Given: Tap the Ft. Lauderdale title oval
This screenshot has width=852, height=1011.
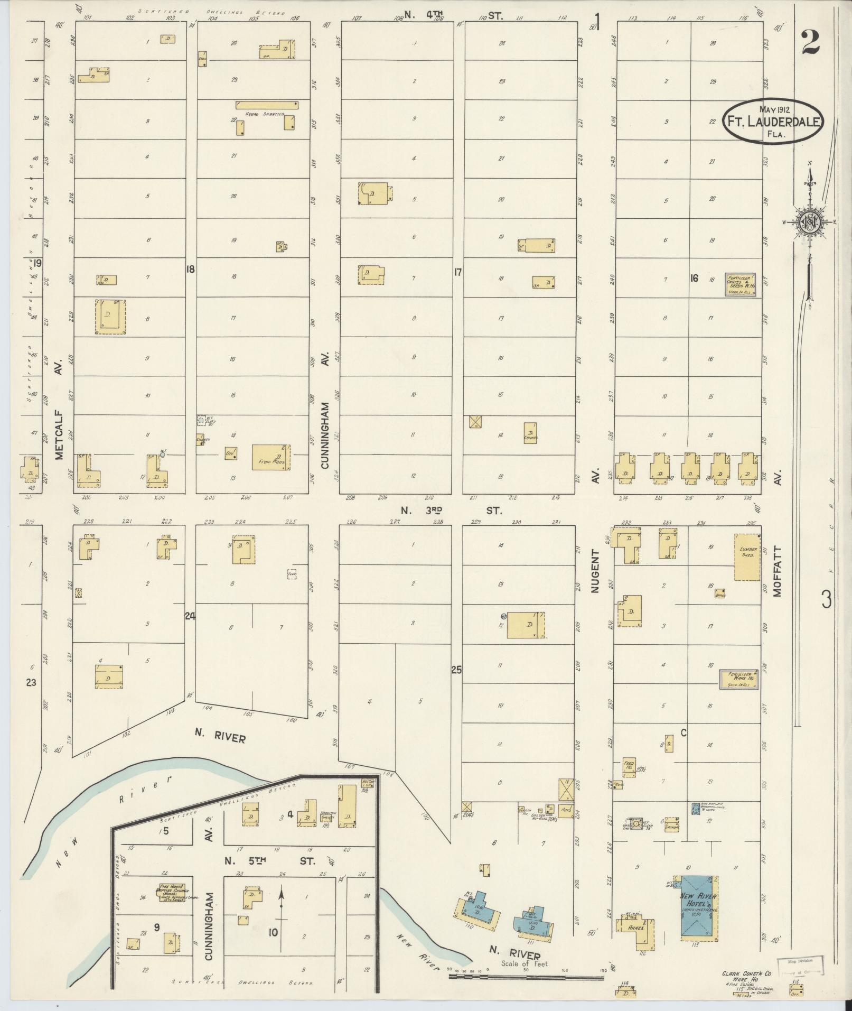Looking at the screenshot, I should point(773,120).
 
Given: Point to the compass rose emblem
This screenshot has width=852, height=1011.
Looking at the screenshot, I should point(808,222).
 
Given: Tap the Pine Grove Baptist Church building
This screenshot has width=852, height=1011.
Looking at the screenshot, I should point(172,893).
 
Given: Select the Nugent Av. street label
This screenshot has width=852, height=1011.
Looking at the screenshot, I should point(596,571).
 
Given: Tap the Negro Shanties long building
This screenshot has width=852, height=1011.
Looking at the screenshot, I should point(267,105).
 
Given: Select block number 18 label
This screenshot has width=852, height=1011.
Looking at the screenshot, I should point(190,270).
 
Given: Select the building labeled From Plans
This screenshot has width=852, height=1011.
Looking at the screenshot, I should point(271,458).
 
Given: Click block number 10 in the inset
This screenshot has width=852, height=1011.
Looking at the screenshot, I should point(273,933).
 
